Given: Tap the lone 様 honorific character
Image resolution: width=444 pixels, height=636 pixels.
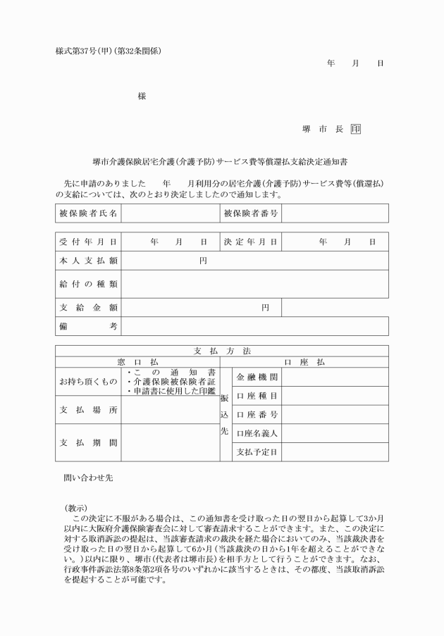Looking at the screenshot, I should pyautogui.click(x=142, y=96).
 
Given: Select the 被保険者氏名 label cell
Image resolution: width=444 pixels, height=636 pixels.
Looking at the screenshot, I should pyautogui.click(x=87, y=212).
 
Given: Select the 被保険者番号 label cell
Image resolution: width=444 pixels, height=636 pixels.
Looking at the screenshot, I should pyautogui.click(x=251, y=212).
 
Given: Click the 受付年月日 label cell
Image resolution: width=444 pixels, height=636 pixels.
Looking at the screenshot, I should pyautogui.click(x=87, y=242).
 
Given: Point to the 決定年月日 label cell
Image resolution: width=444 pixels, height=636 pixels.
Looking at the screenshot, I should pyautogui.click(x=251, y=242).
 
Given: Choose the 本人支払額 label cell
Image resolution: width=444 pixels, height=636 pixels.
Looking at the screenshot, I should pyautogui.click(x=87, y=261).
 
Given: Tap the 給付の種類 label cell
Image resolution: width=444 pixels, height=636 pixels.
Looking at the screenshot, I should pyautogui.click(x=87, y=284).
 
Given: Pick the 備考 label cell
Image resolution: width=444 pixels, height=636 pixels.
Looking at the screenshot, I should pyautogui.click(x=87, y=326).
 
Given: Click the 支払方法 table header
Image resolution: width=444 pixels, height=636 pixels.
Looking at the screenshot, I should pyautogui.click(x=221, y=350).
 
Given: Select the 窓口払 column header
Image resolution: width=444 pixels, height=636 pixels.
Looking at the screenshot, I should pyautogui.click(x=137, y=361).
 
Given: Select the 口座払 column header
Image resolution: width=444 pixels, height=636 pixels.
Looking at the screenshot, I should pyautogui.click(x=304, y=361).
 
